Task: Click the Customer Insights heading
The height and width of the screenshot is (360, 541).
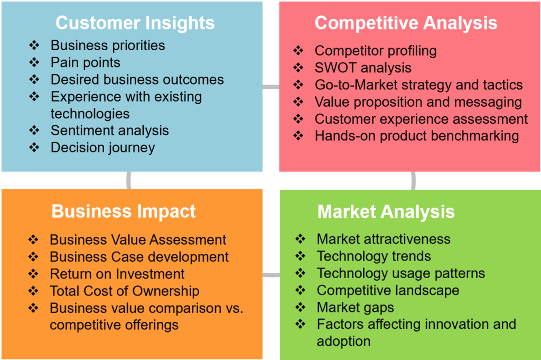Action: tap(135, 23)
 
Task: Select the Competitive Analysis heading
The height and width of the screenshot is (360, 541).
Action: tap(406, 23)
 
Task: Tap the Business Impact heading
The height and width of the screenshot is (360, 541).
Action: tap(124, 211)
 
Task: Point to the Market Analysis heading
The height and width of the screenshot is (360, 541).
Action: tap(386, 211)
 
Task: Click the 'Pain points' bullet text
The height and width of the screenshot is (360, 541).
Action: tap(85, 62)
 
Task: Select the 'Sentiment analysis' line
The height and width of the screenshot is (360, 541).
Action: tap(110, 131)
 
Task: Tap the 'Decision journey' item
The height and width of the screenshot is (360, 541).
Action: tap(103, 147)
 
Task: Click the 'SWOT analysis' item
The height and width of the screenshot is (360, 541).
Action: tap(363, 68)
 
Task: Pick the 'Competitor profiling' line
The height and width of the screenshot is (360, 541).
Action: tap(376, 51)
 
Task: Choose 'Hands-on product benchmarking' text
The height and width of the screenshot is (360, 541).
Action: tap(417, 136)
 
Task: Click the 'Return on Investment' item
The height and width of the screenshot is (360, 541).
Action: tap(117, 274)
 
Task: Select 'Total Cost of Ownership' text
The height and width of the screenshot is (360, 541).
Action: tap(125, 291)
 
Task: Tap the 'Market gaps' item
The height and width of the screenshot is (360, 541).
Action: tap(356, 308)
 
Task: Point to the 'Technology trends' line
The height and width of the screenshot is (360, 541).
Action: tap(374, 256)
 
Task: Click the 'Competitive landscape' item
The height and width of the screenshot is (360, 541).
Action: tap(388, 290)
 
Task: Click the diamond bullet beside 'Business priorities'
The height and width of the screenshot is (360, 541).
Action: tap(34, 45)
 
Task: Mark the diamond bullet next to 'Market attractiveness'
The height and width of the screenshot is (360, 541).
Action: tap(301, 238)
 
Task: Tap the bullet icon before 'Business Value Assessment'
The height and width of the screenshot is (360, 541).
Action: tap(33, 239)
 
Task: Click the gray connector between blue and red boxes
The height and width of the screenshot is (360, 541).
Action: tap(271, 87)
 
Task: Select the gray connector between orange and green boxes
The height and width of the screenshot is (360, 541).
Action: tap(271, 275)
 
